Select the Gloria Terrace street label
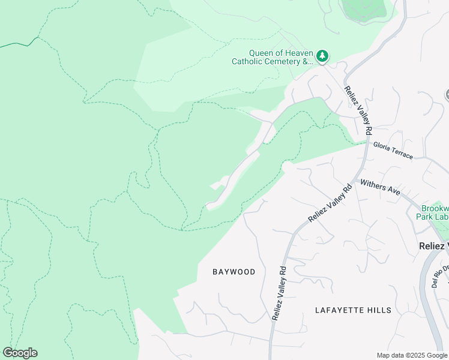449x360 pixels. [x=393, y=150]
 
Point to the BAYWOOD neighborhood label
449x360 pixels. [x=234, y=272]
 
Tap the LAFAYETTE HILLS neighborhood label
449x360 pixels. [x=353, y=310]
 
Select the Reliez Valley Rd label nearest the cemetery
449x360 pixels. [x=358, y=110]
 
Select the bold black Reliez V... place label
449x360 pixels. [x=433, y=246]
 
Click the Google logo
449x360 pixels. [x=20, y=353]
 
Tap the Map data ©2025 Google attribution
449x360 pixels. [x=411, y=355]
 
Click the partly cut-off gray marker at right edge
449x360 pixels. [x=447, y=95]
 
